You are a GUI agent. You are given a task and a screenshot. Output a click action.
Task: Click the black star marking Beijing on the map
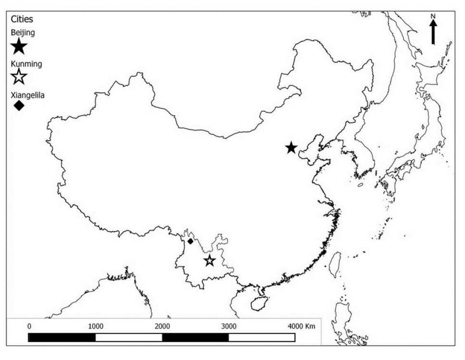coord(291,148)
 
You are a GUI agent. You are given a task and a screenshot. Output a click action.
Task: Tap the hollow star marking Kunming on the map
coord(209,261)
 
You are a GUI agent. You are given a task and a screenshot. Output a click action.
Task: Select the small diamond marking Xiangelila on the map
coord(190,241)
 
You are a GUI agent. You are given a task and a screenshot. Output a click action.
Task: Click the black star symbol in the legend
coord(19,47)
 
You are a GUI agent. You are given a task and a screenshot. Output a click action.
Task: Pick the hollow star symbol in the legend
coord(19,76)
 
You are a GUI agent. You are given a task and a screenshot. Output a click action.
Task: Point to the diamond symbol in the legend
coord(19,106)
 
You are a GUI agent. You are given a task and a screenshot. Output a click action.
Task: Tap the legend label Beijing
coord(23,33)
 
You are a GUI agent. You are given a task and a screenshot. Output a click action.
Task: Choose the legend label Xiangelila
coord(28,96)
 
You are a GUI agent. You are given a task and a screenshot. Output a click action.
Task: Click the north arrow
coord(433,33)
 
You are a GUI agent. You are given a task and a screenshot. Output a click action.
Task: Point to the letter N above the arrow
coord(433,17)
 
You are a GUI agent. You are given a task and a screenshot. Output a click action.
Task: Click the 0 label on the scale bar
coord(29,326)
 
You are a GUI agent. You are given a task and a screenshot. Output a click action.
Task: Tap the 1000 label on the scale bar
coord(96,326)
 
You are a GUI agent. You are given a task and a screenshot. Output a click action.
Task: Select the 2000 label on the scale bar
coord(162,326)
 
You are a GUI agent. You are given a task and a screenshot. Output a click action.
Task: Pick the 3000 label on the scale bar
coord(229,326)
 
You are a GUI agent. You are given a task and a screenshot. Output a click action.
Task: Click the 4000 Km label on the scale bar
coord(301,326)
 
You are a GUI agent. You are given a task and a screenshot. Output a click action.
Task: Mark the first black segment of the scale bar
coord(62,337)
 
